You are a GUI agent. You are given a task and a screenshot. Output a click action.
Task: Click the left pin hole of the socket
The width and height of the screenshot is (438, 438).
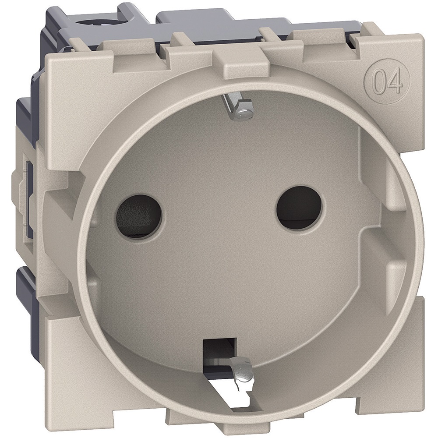pos(140,215)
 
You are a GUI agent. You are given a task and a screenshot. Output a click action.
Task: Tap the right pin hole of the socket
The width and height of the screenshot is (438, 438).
pos(299,207)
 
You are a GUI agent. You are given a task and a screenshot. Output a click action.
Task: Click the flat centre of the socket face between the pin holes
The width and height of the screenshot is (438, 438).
pos(219,228)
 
